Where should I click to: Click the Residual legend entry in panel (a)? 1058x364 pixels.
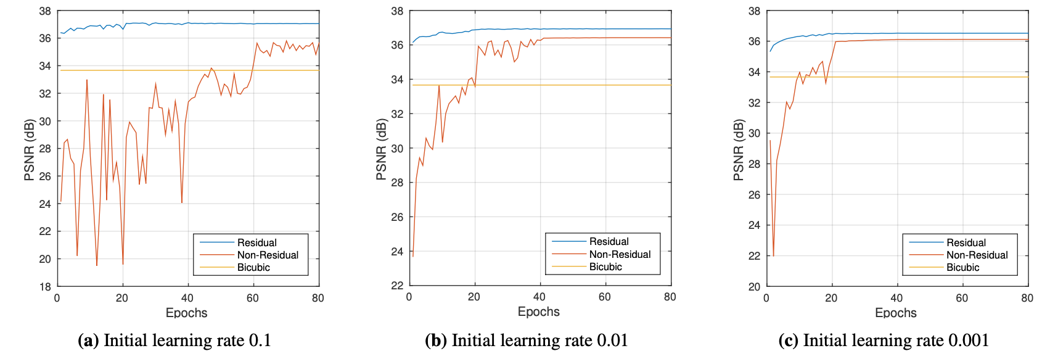pos(256,242)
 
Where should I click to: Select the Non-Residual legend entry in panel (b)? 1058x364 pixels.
pos(620,254)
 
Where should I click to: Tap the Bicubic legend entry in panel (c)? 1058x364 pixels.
pos(962,267)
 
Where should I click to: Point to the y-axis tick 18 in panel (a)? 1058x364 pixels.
pos(45,286)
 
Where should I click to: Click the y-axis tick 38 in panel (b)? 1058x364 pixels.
pos(397,11)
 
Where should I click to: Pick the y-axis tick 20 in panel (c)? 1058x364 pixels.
pos(754,286)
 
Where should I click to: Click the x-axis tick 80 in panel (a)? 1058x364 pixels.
pos(318,298)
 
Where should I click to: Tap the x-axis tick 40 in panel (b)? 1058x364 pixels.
pos(539,297)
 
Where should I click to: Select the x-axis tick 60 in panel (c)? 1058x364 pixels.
pos(962,298)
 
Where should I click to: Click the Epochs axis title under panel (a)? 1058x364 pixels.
pos(187,313)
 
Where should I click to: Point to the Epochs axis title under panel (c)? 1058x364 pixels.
pos(896,313)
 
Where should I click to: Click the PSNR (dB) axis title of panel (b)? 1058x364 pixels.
pos(381,149)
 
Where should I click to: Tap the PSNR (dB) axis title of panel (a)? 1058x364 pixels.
pos(29,149)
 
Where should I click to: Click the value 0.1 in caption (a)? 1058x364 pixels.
pos(260,341)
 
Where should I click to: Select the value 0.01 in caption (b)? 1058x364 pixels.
pos(612,341)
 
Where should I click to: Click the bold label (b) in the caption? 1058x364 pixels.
pos(436,341)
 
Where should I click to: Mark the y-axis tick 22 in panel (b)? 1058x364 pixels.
pos(397,286)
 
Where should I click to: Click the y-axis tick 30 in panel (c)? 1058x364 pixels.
pos(754,133)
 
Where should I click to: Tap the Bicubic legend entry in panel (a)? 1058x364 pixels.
pos(253,267)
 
